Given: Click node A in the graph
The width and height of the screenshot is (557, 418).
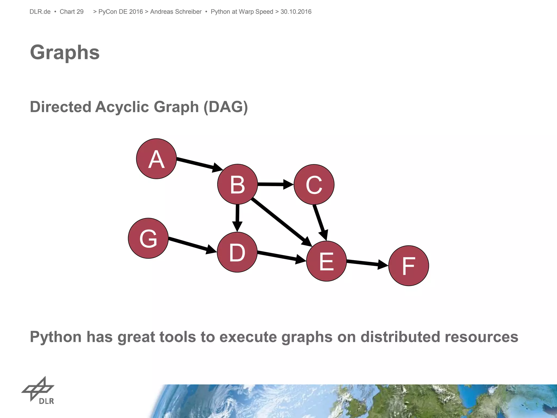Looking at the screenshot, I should [x=156, y=159].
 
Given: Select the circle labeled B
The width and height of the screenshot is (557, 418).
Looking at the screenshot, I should [x=237, y=184].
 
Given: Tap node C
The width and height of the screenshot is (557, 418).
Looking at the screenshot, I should [x=314, y=185].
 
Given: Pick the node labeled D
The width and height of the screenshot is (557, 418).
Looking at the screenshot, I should [x=237, y=252].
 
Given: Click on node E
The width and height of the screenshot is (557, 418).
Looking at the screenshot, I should [x=326, y=261].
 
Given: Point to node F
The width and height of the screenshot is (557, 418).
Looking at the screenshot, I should [x=409, y=266].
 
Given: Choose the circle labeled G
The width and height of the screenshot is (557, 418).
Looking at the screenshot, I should [x=148, y=238].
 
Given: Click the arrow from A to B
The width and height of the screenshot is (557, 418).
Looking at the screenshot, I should [x=199, y=164].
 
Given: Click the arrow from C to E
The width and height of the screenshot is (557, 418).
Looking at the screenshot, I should [x=320, y=222].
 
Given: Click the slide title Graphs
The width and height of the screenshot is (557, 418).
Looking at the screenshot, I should [x=65, y=52].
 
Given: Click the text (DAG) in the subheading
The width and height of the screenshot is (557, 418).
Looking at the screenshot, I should [x=225, y=107].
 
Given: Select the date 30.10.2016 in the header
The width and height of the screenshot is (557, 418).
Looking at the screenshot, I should [x=296, y=12].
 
